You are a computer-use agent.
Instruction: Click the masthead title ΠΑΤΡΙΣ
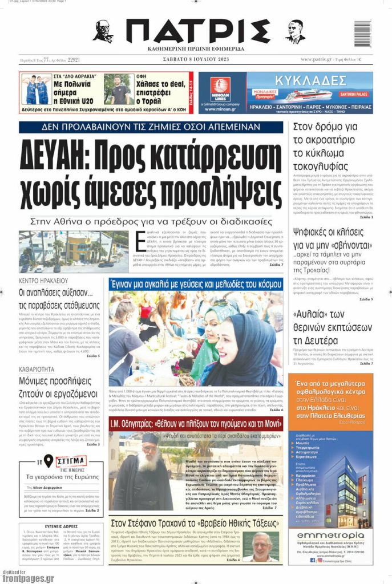(x=197, y=31)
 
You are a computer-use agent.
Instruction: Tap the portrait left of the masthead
(x=102, y=32)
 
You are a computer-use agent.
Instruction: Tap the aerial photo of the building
(x=73, y=252)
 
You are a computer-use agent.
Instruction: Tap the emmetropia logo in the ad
(x=330, y=536)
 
